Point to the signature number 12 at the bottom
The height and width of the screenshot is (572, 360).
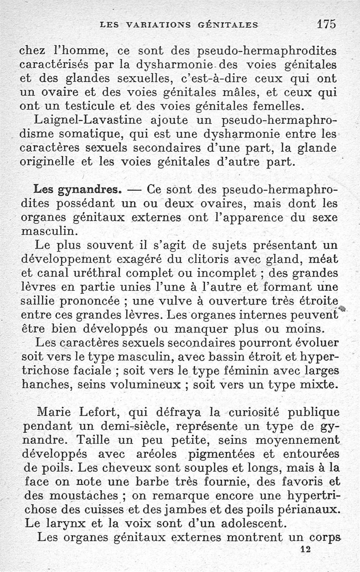click(x=306, y=549)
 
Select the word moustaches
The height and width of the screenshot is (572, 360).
click(x=76, y=496)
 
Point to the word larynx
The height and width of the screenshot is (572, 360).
click(x=60, y=524)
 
